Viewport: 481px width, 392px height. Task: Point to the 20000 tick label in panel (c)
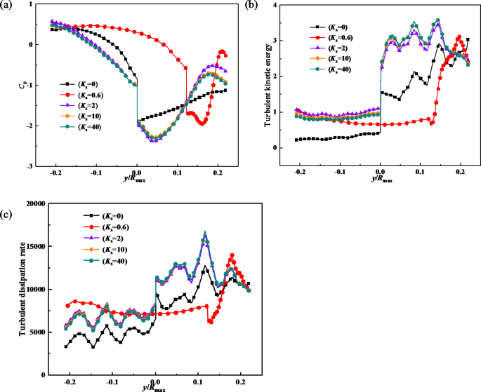(32, 204)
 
